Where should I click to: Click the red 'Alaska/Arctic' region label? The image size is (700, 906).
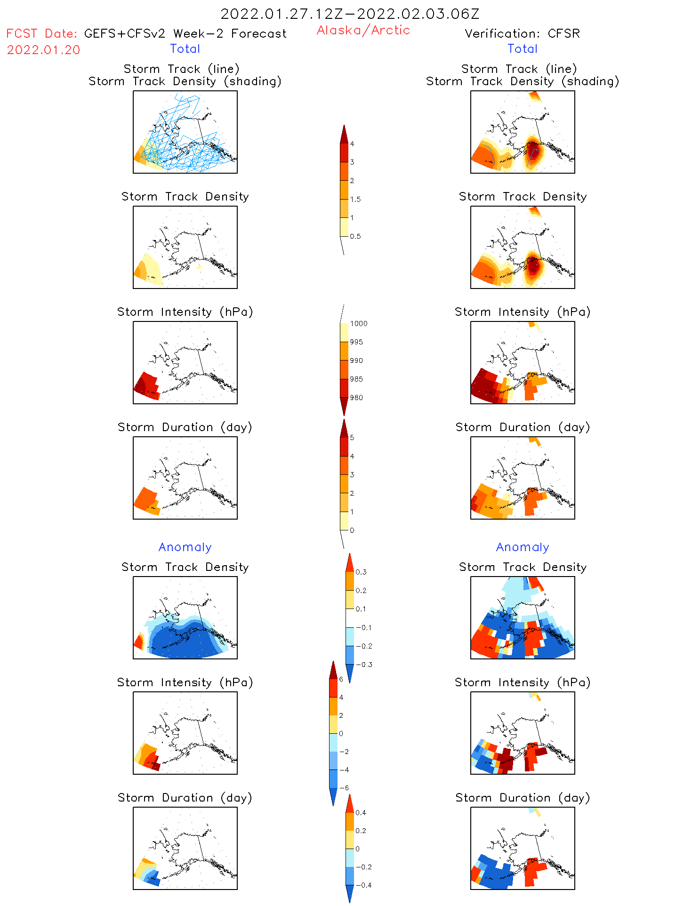363,30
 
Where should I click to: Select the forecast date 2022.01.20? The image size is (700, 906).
43,50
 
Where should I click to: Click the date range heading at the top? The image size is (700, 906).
350,14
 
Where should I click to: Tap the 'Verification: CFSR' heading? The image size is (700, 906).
522,33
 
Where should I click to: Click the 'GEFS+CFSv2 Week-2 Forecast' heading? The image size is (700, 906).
185,33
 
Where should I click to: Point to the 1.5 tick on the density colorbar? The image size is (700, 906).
355,199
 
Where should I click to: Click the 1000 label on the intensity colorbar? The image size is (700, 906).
358,323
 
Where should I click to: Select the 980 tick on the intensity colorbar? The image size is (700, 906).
356,398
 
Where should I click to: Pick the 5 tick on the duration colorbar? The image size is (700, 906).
352,438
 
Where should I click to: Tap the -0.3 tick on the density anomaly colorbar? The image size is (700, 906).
363,665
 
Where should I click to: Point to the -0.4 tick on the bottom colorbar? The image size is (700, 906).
363,885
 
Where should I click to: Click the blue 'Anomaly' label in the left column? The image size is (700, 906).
185,547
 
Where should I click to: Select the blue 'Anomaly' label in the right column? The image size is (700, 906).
523,547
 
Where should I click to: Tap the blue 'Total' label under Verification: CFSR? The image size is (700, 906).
523,48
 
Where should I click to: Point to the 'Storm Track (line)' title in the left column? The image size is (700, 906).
181,69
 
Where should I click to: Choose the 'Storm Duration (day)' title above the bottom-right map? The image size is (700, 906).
523,798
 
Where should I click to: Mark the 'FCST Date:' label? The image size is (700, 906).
41,33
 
